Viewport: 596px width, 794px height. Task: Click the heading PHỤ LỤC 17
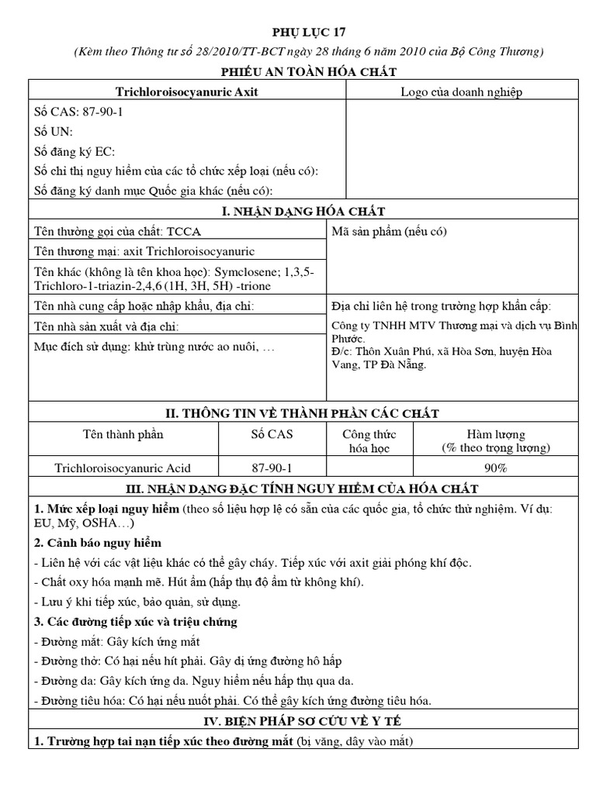click(308, 32)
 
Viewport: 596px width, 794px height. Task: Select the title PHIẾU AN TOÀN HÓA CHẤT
click(308, 71)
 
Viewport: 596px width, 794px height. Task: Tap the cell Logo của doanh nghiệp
click(461, 91)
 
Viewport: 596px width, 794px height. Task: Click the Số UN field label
click(54, 132)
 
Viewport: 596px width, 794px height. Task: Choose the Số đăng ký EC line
click(75, 152)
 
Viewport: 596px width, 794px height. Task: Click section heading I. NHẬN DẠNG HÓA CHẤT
click(308, 211)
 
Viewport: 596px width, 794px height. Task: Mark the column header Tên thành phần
click(123, 434)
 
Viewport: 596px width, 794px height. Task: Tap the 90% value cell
click(496, 468)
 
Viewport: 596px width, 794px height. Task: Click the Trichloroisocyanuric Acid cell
click(123, 468)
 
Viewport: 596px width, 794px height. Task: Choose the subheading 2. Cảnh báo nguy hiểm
click(98, 542)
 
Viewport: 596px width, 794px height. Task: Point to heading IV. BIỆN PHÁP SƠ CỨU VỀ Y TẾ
click(308, 721)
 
